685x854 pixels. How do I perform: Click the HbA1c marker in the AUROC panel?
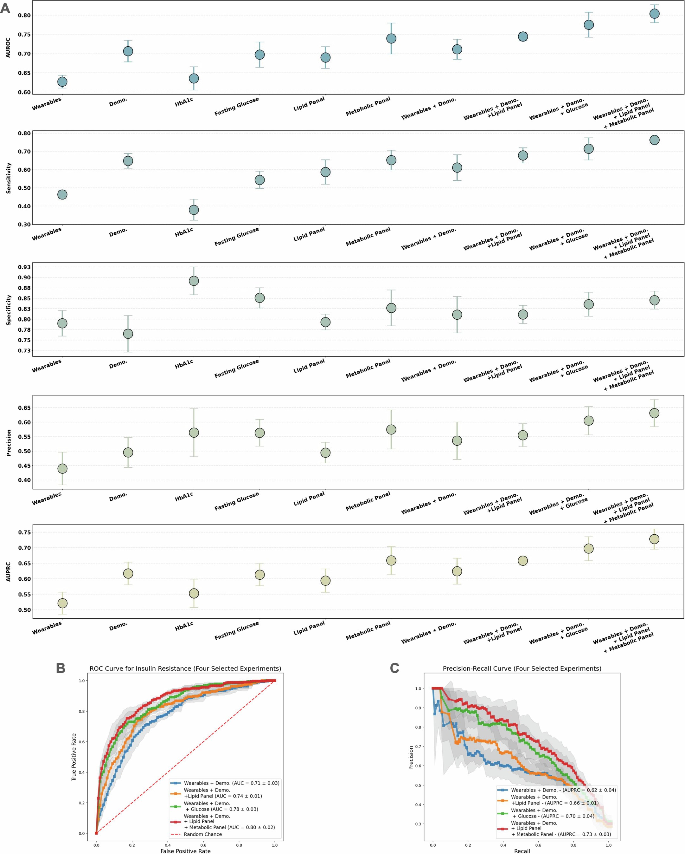[x=194, y=78]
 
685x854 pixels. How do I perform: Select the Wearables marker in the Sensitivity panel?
[x=62, y=194]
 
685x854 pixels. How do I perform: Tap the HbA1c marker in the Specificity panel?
[x=194, y=281]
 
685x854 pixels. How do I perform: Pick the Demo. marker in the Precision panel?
[x=128, y=452]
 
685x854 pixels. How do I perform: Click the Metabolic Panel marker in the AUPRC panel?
[x=391, y=560]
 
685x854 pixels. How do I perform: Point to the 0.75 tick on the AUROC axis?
[x=24, y=35]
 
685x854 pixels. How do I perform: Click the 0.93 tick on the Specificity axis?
[x=24, y=267]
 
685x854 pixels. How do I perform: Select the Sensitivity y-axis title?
[x=8, y=178]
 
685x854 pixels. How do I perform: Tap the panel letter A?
[x=5, y=8]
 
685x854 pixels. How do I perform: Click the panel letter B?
[x=61, y=668]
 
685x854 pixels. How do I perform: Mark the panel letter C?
[x=394, y=668]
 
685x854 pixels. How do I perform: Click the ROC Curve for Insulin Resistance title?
[x=185, y=668]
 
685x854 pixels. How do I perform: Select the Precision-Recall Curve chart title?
[x=522, y=668]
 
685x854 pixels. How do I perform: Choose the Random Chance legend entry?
[x=202, y=834]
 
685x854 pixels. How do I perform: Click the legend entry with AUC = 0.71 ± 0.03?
[x=231, y=783]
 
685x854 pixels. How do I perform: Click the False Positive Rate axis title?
[x=185, y=851]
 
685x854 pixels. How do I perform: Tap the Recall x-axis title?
[x=522, y=851]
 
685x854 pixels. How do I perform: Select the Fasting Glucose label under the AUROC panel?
[x=237, y=107]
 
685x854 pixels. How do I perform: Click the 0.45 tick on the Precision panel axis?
[x=24, y=466]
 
